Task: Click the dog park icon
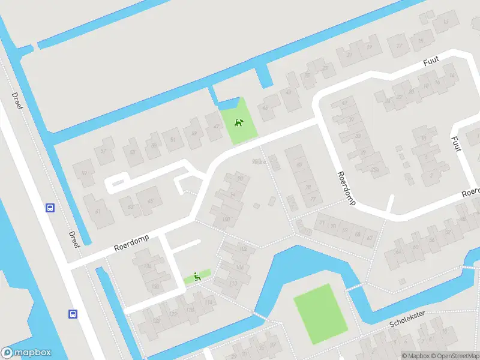(x=239, y=124)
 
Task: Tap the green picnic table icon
(x=196, y=277)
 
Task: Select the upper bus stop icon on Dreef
(x=50, y=208)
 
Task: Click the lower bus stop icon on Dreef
(x=73, y=314)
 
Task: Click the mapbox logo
(x=26, y=353)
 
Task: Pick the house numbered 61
(x=97, y=211)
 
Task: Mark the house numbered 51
(x=173, y=140)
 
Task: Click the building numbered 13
(x=445, y=23)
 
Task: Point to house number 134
(x=147, y=266)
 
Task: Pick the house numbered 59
(x=84, y=173)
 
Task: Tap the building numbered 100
(x=226, y=220)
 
